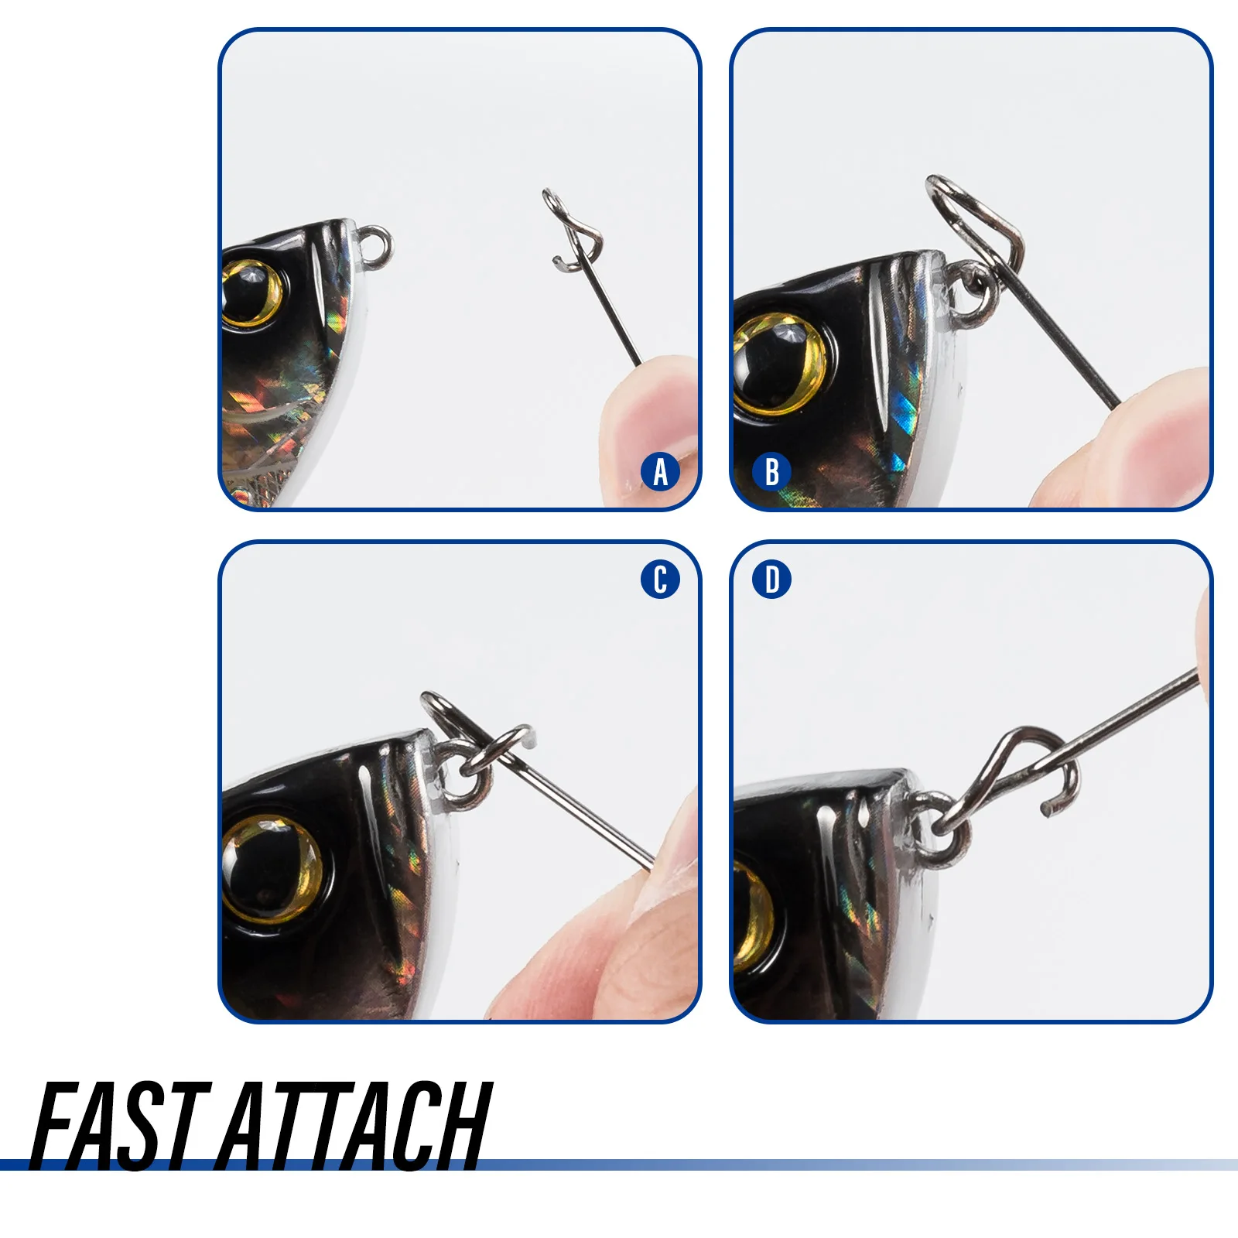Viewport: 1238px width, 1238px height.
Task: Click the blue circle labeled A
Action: [x=660, y=472]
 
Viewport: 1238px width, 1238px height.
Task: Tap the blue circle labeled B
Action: [x=771, y=472]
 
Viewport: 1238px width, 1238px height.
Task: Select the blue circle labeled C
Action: [x=660, y=580]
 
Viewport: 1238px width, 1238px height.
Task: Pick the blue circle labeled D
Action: [x=771, y=580]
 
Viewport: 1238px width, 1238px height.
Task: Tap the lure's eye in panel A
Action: [x=251, y=292]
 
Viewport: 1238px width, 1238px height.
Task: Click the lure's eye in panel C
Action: [x=271, y=868]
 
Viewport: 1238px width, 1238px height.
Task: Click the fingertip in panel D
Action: [x=1202, y=642]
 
